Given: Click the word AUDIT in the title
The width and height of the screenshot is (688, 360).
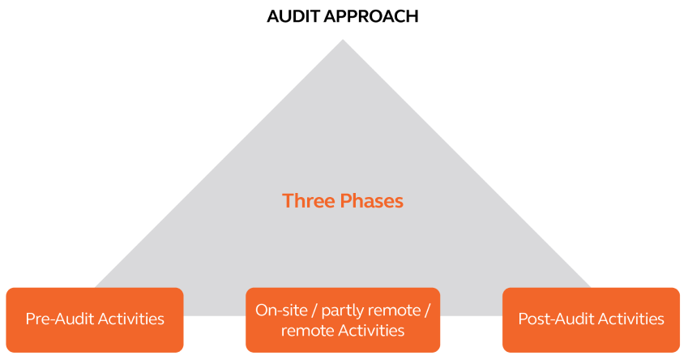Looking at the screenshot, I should (293, 15).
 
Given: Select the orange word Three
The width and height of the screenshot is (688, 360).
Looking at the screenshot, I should (308, 200).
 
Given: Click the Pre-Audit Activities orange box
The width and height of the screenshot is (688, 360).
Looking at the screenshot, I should (95, 319).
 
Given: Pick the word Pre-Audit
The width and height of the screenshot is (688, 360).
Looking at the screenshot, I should (59, 319).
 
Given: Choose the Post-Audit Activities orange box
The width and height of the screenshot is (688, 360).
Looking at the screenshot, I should (591, 319).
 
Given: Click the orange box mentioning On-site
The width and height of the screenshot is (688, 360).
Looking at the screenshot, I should (343, 319).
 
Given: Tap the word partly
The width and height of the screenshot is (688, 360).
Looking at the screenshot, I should (335, 311).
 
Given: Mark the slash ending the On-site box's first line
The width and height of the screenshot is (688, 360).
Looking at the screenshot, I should (427, 310).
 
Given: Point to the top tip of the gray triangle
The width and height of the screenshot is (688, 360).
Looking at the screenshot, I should (343, 40).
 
